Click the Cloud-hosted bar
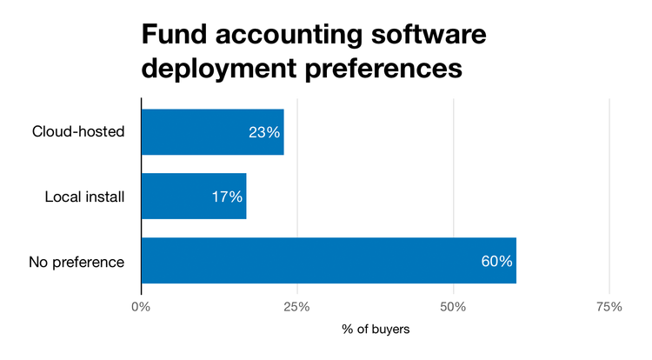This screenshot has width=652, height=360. point(212,132)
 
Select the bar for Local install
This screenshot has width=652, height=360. point(193,197)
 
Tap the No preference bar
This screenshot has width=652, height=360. point(328,261)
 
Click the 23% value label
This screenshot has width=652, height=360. point(263,132)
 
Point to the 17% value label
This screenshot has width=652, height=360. point(226,197)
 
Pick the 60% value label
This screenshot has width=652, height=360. point(496,261)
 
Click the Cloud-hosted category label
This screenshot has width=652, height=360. point(79,132)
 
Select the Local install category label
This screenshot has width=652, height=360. point(85,197)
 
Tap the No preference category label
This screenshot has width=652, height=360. point(77,261)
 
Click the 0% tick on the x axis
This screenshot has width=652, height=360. point(141,307)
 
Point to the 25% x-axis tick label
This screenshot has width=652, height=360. point(297,307)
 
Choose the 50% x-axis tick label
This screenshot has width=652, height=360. point(453,307)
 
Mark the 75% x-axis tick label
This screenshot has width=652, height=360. point(609,307)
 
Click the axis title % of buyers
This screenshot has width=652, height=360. point(375,330)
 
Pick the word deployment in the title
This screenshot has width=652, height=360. point(221,70)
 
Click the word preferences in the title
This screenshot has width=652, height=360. point(386,70)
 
